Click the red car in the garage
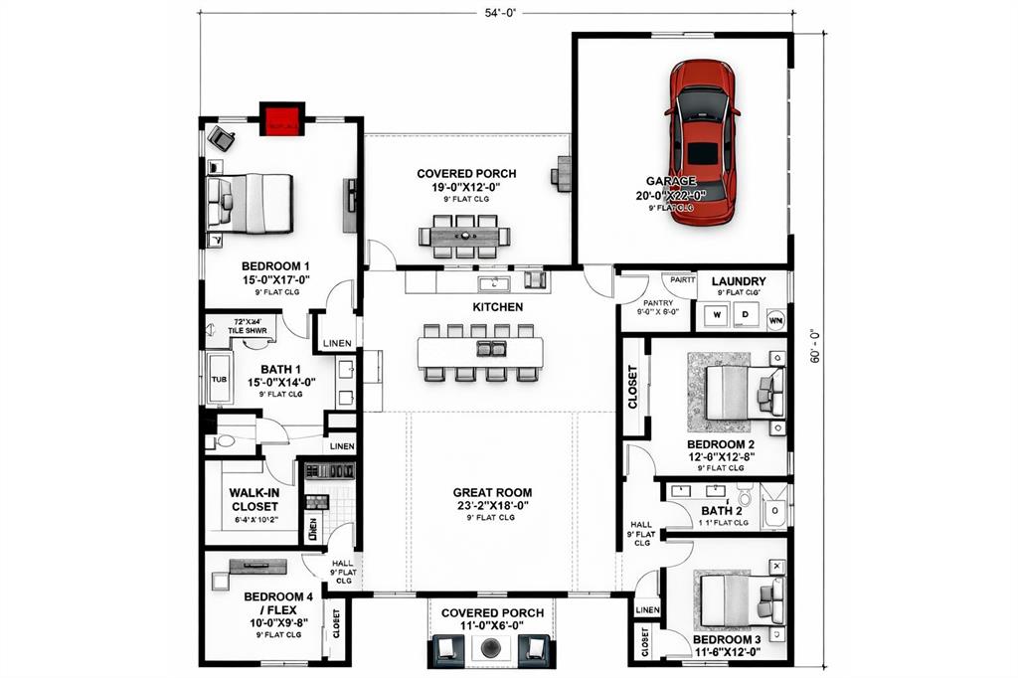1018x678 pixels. [703, 141]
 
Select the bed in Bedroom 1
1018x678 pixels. [250, 203]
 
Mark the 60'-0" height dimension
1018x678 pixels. [812, 347]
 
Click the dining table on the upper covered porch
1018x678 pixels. [464, 237]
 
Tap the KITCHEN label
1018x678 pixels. [497, 307]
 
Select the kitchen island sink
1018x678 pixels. [491, 348]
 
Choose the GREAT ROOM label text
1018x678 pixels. [492, 492]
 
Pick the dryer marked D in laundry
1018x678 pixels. [745, 316]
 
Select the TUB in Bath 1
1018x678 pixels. [218, 379]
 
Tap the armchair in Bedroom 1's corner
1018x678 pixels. [222, 140]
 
